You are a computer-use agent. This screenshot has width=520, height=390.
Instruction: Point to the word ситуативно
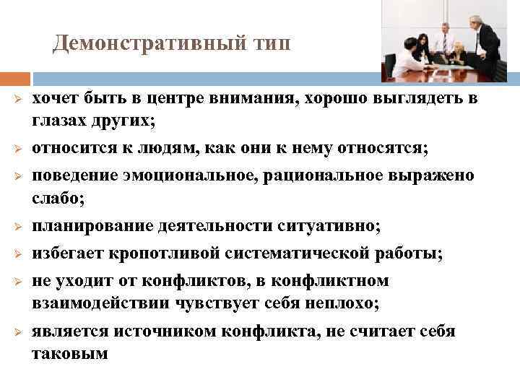[328, 226]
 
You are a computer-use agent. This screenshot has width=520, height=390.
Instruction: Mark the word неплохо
[338, 303]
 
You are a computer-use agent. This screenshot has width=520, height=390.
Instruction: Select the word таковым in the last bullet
[69, 353]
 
